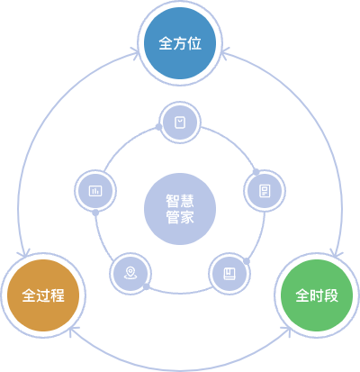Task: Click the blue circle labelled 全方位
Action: point(180,43)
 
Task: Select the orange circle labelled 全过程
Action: point(43,295)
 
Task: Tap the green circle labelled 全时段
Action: point(317,295)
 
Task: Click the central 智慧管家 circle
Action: point(180,209)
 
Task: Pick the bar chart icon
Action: point(95,191)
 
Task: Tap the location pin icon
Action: point(130,273)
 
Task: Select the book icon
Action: point(229,274)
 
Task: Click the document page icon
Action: point(265,191)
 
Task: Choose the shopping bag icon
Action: point(180,122)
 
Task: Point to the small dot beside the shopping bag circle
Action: point(158,127)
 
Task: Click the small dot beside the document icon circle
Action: point(256,172)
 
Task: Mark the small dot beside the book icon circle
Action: point(247,261)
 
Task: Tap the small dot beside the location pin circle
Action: point(146,286)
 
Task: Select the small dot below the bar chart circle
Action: point(95,213)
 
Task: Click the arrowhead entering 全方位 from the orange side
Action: point(136,53)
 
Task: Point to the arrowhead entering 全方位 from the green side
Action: point(224,53)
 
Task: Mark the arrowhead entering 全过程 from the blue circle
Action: point(24,253)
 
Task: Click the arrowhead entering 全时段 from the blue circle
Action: point(336,253)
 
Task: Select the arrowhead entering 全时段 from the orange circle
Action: point(286,331)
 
